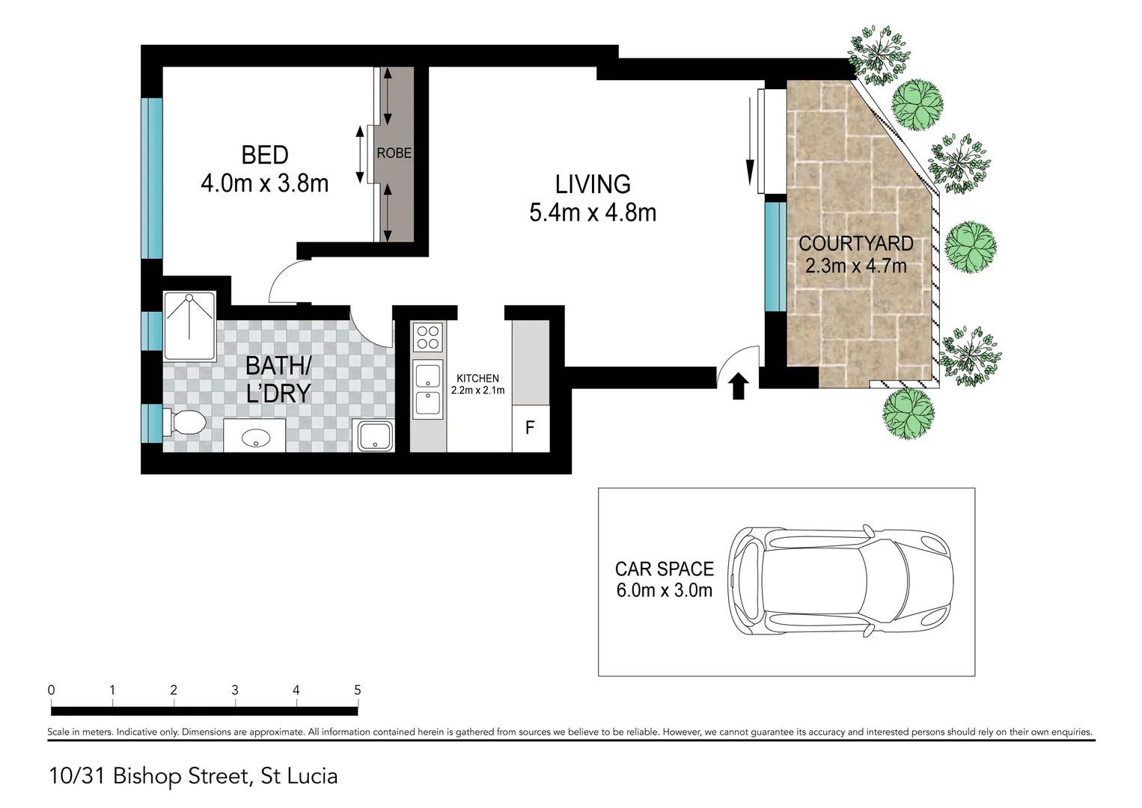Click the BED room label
[264, 156]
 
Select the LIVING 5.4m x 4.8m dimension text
[592, 213]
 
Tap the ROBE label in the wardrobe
[394, 153]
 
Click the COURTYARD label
[855, 244]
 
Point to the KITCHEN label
[477, 379]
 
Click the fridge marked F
[530, 428]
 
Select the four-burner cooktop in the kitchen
[428, 337]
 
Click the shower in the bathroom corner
[190, 326]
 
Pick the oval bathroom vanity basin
[255, 436]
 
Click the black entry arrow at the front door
[739, 387]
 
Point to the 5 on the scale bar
[357, 690]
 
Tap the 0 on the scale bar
[51, 690]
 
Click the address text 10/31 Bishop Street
[193, 776]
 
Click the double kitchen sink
[428, 389]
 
